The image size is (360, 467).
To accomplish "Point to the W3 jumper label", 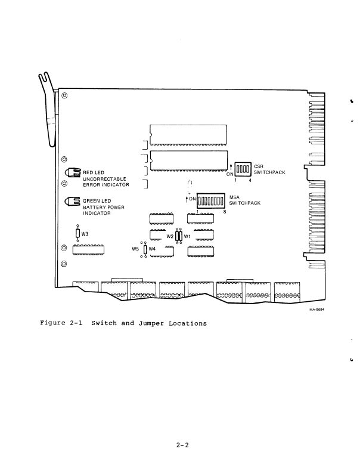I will coord(85,234).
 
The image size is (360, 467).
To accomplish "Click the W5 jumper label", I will coord(135,249).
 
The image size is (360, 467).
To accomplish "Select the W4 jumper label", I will coord(152,249).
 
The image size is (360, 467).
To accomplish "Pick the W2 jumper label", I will coord(170,236).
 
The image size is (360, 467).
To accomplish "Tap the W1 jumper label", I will coord(187,236).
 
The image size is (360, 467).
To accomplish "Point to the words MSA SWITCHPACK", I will coord(245,199).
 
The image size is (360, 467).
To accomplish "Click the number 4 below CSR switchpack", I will coord(250,180).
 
